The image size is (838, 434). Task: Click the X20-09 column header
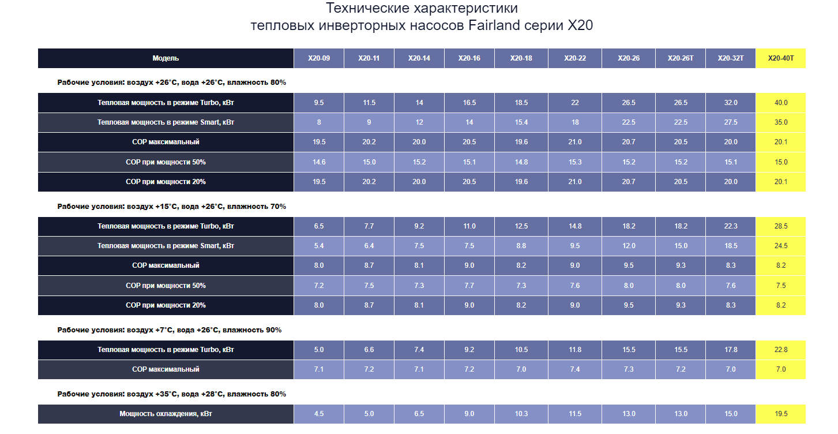(319, 58)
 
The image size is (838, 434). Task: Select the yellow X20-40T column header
(781, 58)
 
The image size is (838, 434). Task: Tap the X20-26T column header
(681, 58)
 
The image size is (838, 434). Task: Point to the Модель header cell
(166, 58)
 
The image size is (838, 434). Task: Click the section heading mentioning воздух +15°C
(172, 206)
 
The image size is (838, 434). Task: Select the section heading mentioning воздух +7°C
(170, 330)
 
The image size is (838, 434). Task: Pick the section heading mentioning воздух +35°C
(172, 394)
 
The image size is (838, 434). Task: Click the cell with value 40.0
(781, 103)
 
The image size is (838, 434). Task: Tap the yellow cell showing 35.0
(781, 122)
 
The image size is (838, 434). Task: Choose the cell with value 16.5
(469, 103)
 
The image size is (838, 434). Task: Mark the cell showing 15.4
(521, 122)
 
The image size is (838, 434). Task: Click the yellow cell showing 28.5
(781, 226)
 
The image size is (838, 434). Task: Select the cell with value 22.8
(781, 350)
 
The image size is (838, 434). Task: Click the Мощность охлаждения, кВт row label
(166, 414)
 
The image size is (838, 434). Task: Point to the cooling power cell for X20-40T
(781, 414)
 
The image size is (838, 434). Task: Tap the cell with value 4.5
(319, 414)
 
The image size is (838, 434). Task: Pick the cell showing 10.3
(521, 414)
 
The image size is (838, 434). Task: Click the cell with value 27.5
(731, 122)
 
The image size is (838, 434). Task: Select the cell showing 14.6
(319, 162)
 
